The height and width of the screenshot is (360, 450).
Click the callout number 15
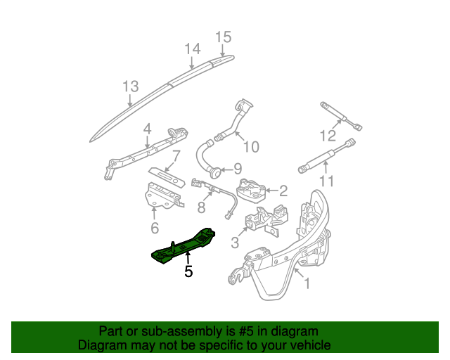223,37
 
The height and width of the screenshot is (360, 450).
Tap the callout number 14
193,49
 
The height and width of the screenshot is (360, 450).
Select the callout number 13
130,86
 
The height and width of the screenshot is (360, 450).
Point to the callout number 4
147,129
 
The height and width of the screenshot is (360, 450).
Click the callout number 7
176,155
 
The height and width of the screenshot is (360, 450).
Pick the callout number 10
250,146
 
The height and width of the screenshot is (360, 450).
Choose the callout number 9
237,169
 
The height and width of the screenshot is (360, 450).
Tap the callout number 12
328,136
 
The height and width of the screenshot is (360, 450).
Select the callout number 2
283,191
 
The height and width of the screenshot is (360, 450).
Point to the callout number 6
155,228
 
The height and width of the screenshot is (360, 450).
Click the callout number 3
235,243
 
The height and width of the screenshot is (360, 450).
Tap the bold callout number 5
188,271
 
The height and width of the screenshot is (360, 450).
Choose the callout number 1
306,284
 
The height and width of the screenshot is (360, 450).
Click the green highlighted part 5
184,245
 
